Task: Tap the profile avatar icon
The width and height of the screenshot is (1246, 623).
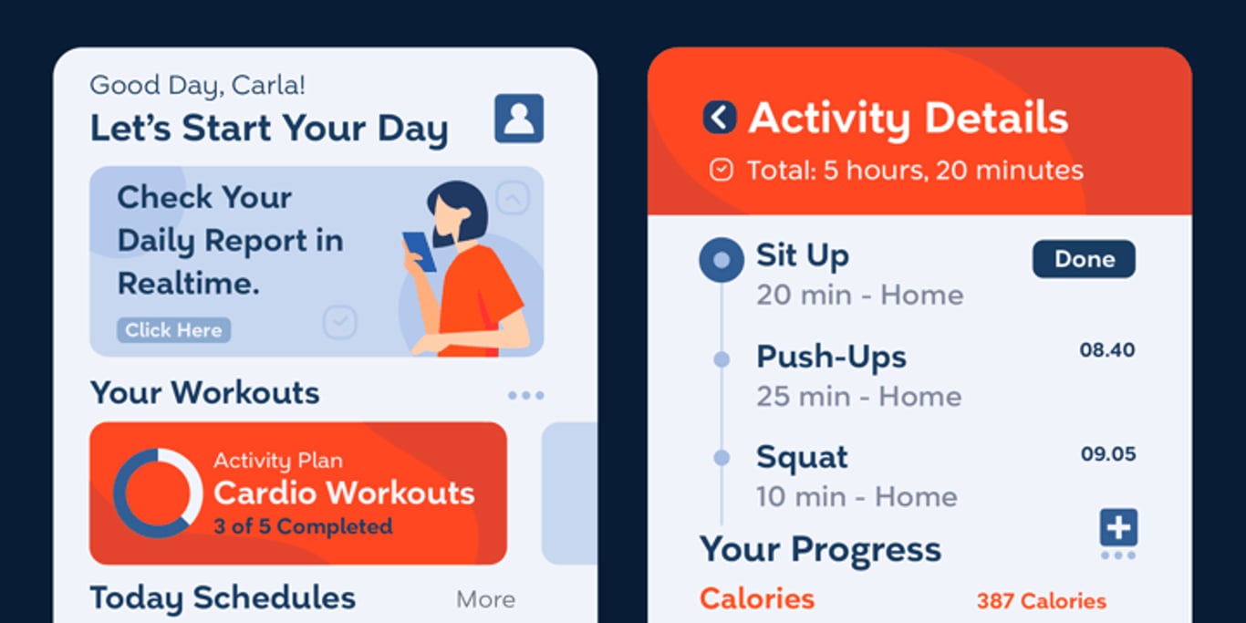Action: tap(519, 119)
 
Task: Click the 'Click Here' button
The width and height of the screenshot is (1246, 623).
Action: tap(173, 330)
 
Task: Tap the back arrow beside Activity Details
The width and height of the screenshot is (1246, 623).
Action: tap(720, 118)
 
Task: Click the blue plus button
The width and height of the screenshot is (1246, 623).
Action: tap(1118, 527)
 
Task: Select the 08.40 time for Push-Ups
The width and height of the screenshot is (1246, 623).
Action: tap(1107, 350)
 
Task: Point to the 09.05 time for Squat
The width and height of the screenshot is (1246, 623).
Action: tap(1108, 454)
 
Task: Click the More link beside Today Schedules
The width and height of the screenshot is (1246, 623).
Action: tap(485, 599)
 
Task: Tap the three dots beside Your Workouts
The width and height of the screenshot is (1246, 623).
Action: tap(525, 396)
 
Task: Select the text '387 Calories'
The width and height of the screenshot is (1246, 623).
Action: tap(1042, 601)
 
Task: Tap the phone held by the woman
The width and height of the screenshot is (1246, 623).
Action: tap(420, 252)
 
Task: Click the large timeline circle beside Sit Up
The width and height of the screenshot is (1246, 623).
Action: tap(722, 260)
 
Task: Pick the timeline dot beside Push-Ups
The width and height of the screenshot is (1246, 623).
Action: tap(722, 359)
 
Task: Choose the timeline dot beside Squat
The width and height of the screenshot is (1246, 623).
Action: tap(722, 458)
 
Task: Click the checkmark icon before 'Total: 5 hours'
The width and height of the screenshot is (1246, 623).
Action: tap(722, 171)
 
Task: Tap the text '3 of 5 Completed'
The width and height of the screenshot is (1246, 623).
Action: tap(303, 526)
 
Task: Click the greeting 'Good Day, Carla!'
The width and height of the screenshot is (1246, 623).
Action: tap(197, 85)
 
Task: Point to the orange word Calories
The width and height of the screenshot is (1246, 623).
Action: tap(756, 599)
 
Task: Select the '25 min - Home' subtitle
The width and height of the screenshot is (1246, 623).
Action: tap(859, 397)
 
